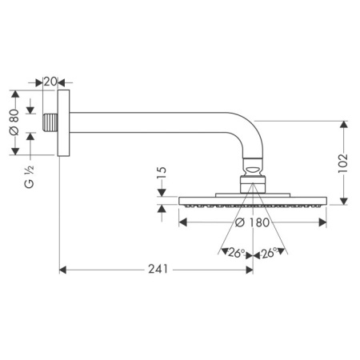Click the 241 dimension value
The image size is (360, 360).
tap(158, 270)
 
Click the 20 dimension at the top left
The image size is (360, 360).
tap(50, 82)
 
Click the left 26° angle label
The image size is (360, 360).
tap(234, 254)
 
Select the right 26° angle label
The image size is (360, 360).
tap(269, 254)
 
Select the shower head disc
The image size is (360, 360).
tap(253, 200)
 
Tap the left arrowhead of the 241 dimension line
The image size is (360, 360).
tap(63, 270)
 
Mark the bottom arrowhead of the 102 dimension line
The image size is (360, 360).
tap(344, 202)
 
